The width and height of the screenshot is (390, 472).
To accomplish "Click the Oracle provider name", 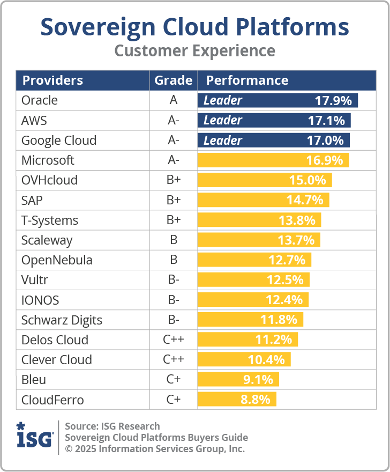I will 40,100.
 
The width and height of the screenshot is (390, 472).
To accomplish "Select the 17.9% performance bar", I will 277,100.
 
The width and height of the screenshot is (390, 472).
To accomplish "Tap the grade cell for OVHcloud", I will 173,180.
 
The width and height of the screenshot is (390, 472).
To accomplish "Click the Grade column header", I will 173,80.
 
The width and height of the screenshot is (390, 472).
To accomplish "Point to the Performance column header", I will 247,80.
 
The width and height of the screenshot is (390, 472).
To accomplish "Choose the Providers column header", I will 52,80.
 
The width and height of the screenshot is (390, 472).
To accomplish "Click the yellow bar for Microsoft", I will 273,160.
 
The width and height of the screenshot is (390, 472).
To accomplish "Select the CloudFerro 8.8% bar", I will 237,400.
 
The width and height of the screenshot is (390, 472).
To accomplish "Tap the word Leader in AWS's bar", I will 223,120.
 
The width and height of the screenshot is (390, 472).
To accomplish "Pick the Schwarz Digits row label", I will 62,320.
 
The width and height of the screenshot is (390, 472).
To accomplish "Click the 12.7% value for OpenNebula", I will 287,260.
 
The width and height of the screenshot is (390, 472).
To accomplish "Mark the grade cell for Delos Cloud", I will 173,340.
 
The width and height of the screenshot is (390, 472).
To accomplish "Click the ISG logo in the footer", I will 35,437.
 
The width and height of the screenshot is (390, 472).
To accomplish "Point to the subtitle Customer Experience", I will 195,51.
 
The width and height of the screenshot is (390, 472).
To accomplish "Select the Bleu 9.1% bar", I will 238,380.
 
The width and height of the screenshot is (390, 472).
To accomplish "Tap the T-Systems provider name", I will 50,220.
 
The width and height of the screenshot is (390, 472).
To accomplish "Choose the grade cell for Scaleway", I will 173,240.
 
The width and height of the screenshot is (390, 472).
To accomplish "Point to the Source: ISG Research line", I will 112,426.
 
